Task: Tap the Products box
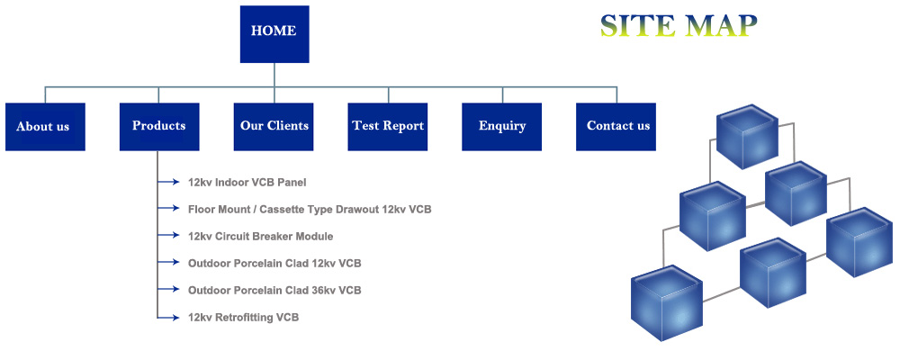159,126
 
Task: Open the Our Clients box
274,126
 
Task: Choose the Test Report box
388,126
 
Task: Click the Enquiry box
502,126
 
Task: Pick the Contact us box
616,126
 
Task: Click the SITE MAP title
679,25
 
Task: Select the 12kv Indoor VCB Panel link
247,182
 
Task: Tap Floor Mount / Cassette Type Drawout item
310,209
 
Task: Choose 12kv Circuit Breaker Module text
260,236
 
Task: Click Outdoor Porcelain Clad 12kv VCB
274,263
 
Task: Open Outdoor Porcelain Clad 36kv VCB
274,290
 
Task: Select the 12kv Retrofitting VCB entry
243,317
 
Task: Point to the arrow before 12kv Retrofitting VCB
172,317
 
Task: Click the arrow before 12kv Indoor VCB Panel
172,182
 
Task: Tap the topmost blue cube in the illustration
746,136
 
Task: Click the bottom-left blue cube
667,302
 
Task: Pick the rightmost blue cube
859,243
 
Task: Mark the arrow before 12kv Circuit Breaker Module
172,236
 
